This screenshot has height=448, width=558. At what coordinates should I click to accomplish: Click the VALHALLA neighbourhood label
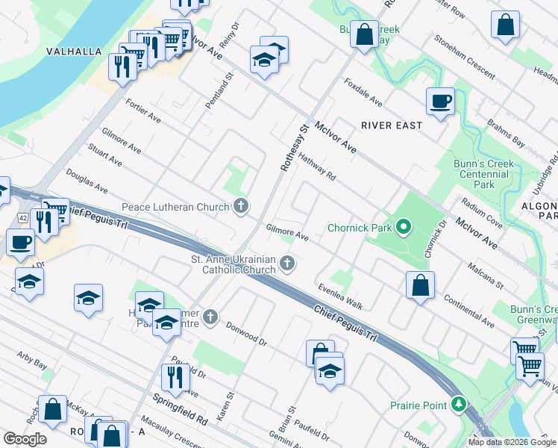point(73,52)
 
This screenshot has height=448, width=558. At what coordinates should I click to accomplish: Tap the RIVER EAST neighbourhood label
point(392,125)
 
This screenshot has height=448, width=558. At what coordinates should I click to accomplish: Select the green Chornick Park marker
point(404,226)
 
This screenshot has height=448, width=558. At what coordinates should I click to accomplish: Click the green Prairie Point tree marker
point(458,405)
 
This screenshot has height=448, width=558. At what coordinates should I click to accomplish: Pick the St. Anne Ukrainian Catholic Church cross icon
point(286,264)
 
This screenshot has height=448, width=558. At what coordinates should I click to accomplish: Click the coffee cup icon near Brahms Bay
point(440,101)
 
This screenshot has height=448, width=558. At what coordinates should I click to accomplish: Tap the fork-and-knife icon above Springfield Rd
point(176,377)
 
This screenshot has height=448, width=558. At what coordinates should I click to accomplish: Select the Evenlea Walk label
point(339,296)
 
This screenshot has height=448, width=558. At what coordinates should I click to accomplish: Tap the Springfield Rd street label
point(181,409)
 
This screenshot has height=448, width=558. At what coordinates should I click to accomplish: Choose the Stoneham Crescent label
point(464,57)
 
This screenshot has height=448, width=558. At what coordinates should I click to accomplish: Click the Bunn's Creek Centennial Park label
point(484,174)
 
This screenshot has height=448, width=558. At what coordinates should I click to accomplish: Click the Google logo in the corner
point(25,439)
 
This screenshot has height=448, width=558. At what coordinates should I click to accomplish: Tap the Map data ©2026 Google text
point(511,442)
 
